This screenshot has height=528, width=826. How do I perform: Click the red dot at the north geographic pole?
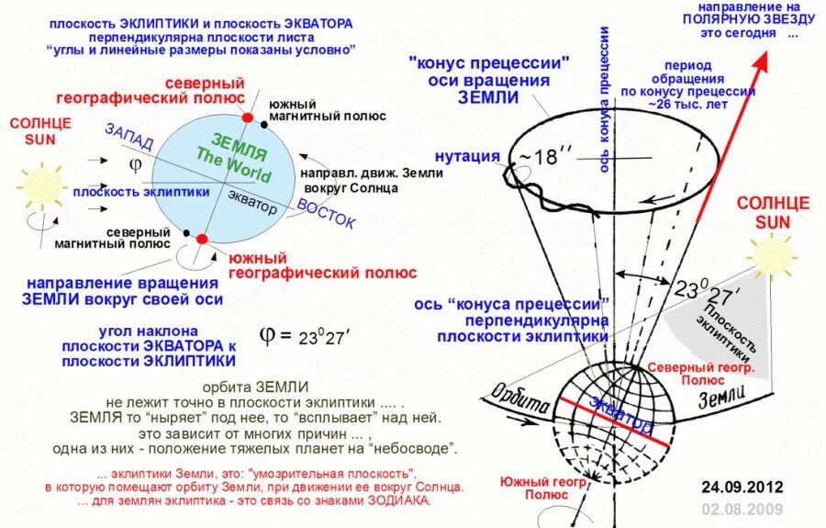247,118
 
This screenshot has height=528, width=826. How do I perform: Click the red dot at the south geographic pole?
202,241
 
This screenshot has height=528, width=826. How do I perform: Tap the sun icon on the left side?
42,184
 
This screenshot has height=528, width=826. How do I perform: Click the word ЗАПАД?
129,140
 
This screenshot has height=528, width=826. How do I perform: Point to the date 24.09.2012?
742,486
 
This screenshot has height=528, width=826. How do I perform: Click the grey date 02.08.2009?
742,509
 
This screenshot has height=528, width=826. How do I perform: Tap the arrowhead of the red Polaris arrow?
762,62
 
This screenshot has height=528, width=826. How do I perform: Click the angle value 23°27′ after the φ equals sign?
324,336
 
